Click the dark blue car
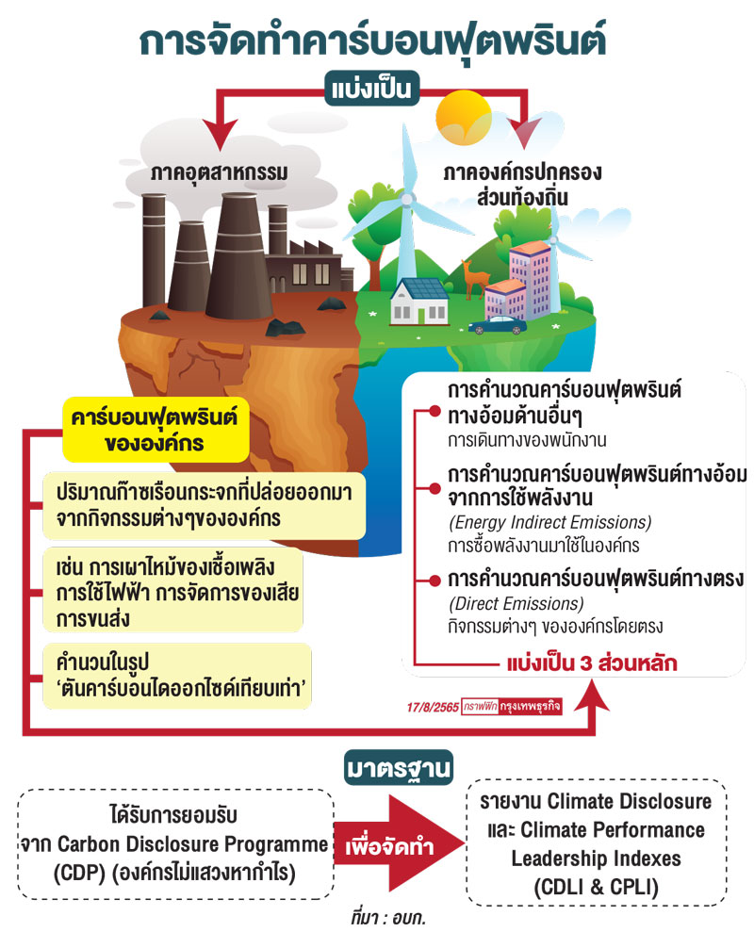[x=498, y=325]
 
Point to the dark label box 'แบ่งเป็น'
[x=373, y=90]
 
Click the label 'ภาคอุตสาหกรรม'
[x=219, y=174]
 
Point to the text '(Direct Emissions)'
[x=515, y=604]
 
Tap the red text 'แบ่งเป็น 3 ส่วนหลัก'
[x=592, y=662]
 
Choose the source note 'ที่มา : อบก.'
[x=387, y=915]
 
